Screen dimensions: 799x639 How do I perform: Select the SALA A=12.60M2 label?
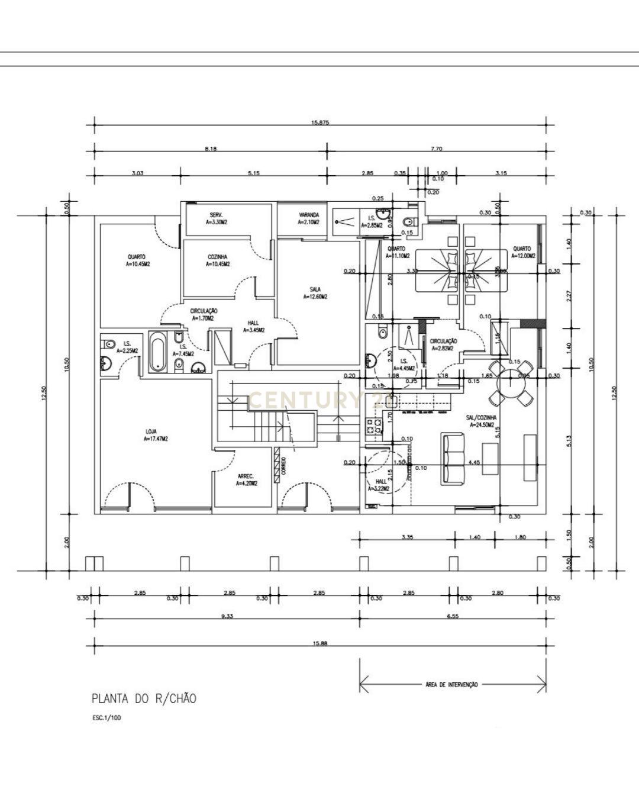coord(315,293)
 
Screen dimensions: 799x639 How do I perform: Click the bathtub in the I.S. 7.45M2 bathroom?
coord(158,352)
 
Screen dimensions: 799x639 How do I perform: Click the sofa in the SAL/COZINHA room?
coord(454,459)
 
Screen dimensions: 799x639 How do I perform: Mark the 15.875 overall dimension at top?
coord(319,123)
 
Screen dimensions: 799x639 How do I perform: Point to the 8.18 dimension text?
coord(211,149)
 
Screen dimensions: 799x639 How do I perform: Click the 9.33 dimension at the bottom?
coord(227,616)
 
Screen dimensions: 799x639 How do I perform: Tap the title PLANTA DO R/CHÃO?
coord(144,698)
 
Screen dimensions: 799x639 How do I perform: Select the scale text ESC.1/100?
coord(108,717)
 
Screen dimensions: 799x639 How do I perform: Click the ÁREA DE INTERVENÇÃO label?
coord(451,684)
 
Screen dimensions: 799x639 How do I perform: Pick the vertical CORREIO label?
coord(284,466)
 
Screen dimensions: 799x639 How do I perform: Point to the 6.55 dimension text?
coord(453,616)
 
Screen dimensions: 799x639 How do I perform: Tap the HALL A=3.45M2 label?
coord(253,327)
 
